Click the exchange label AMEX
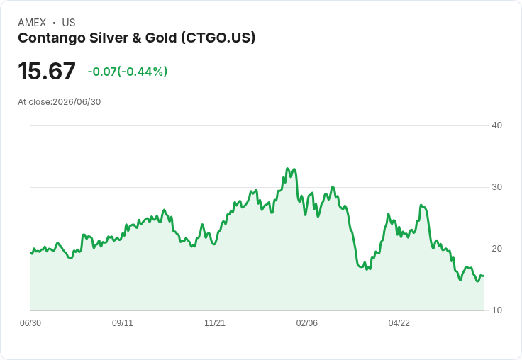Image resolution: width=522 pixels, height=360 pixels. pyautogui.click(x=32, y=23)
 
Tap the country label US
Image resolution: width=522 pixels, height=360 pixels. pyautogui.click(x=69, y=23)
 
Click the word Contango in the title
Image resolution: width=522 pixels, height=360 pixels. pyautogui.click(x=52, y=38)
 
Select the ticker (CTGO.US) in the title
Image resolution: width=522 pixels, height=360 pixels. pyautogui.click(x=218, y=38)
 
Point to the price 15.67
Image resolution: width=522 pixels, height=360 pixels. pyautogui.click(x=47, y=71)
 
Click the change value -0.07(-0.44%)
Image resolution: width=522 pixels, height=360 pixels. pyautogui.click(x=128, y=72)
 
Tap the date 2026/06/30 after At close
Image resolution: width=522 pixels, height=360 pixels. pyautogui.click(x=77, y=102)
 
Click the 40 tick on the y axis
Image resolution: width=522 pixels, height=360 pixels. pyautogui.click(x=496, y=125)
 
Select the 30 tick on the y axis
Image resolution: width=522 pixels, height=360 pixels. pyautogui.click(x=496, y=187)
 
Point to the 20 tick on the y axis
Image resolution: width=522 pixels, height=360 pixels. pyautogui.click(x=496, y=249)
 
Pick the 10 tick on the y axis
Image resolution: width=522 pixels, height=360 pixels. pyautogui.click(x=496, y=310)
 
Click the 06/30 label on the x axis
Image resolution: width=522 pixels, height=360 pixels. pyautogui.click(x=30, y=322)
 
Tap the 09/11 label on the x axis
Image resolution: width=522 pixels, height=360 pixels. pyautogui.click(x=123, y=322)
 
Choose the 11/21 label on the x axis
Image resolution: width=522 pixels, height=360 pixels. pyautogui.click(x=215, y=322)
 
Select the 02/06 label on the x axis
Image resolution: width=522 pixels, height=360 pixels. pyautogui.click(x=307, y=322)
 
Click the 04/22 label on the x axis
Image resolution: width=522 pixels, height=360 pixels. pyautogui.click(x=399, y=322)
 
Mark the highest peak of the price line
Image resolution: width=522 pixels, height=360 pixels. pyautogui.click(x=287, y=169)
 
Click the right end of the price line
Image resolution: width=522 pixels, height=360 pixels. pyautogui.click(x=484, y=276)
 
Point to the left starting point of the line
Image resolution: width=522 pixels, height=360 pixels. pyautogui.click(x=30, y=253)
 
